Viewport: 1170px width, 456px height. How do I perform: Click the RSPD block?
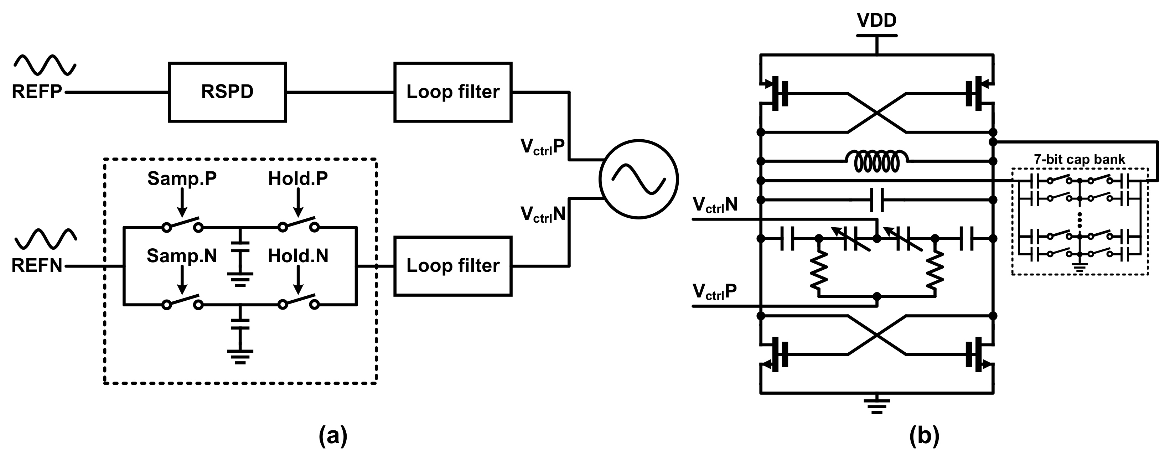click(227, 92)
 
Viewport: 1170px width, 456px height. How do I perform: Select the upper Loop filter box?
click(453, 92)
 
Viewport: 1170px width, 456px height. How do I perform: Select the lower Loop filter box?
click(453, 266)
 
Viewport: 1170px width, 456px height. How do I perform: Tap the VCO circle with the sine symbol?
click(638, 179)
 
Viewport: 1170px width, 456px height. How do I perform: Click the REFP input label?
click(36, 92)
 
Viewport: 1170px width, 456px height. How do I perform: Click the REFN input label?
click(36, 266)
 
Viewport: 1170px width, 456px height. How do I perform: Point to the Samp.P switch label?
click(182, 179)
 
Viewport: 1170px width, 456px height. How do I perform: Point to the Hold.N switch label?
click(298, 256)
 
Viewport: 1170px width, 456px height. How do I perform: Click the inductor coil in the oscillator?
click(876, 161)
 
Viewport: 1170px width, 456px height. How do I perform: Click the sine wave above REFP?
click(45, 65)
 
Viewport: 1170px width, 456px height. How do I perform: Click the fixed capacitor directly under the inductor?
click(876, 200)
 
